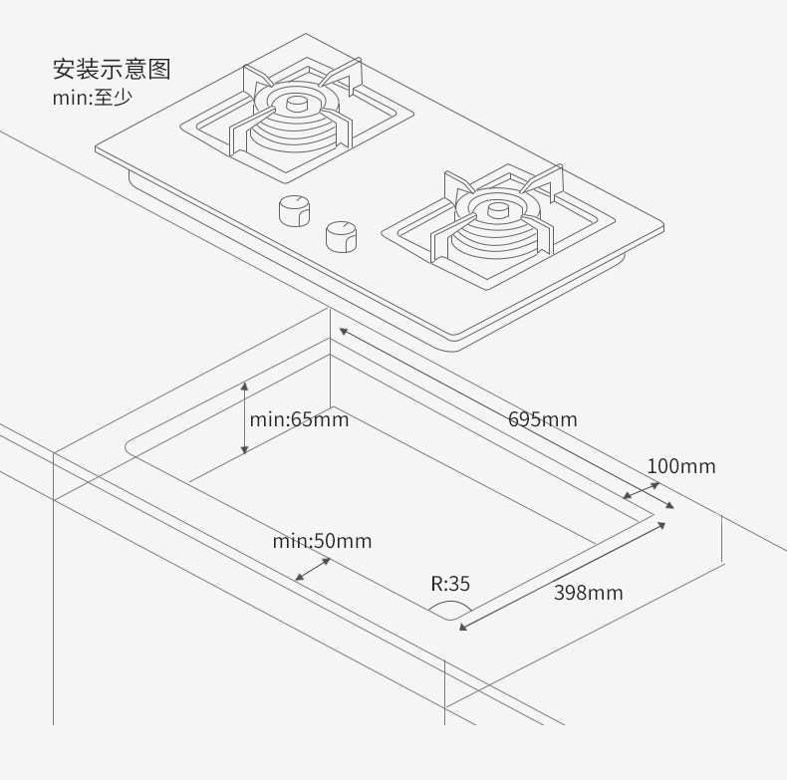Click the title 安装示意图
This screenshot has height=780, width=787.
tap(112, 69)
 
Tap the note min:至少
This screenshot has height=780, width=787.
tap(92, 98)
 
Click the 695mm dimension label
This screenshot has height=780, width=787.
tap(542, 419)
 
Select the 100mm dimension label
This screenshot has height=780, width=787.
tap(681, 466)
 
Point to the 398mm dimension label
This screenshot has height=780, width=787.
tap(588, 593)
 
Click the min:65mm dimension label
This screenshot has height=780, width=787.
tap(299, 418)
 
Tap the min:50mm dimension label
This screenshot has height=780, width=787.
tap(322, 541)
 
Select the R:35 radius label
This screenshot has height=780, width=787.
tap(450, 584)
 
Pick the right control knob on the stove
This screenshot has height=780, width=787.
tap(342, 235)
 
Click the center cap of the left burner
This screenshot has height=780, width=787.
tap(297, 103)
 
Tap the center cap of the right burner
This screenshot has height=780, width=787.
tap(497, 209)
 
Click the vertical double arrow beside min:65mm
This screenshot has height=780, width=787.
tap(245, 417)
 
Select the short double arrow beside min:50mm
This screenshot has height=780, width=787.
tap(313, 569)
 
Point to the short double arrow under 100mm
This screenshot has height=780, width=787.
tap(642, 490)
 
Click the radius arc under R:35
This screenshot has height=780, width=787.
tap(450, 608)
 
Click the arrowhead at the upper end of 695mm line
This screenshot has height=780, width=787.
tap(342, 331)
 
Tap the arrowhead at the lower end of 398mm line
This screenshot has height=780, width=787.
tap(462, 627)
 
